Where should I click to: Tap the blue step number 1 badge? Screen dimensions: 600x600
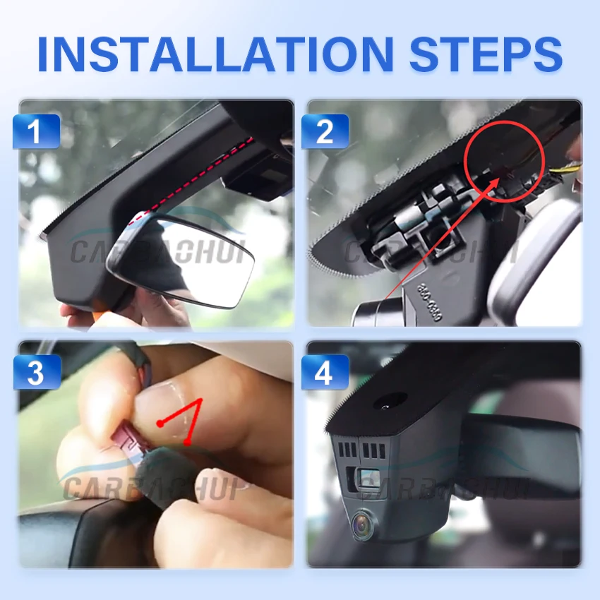pos(36,131)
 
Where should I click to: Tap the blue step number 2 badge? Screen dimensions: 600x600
pos(325,131)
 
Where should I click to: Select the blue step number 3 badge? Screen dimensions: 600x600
pos(36,373)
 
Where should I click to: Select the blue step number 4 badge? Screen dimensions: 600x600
pos(325,373)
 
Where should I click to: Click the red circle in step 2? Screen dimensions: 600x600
pos(504,159)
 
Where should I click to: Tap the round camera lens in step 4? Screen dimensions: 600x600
pos(364,525)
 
